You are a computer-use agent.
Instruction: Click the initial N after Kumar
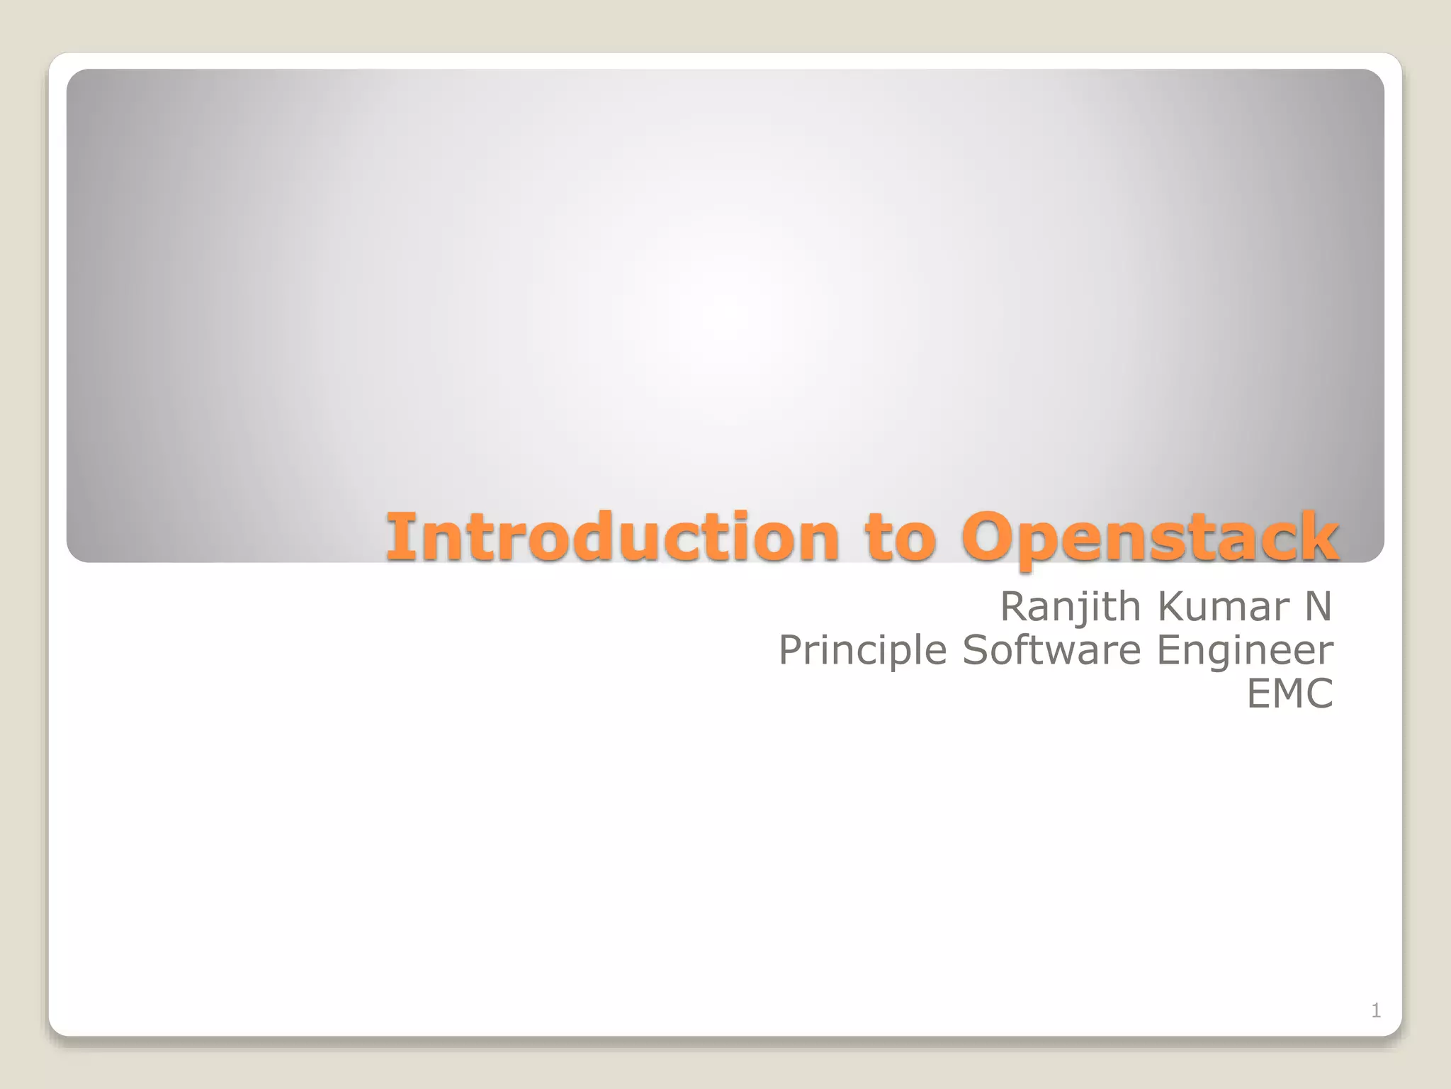coord(1319,607)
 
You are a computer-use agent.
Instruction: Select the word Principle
coord(862,650)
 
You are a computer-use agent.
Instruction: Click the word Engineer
coord(1245,651)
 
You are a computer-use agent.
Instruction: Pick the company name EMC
coord(1289,693)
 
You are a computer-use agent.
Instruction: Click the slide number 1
coord(1376,1010)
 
